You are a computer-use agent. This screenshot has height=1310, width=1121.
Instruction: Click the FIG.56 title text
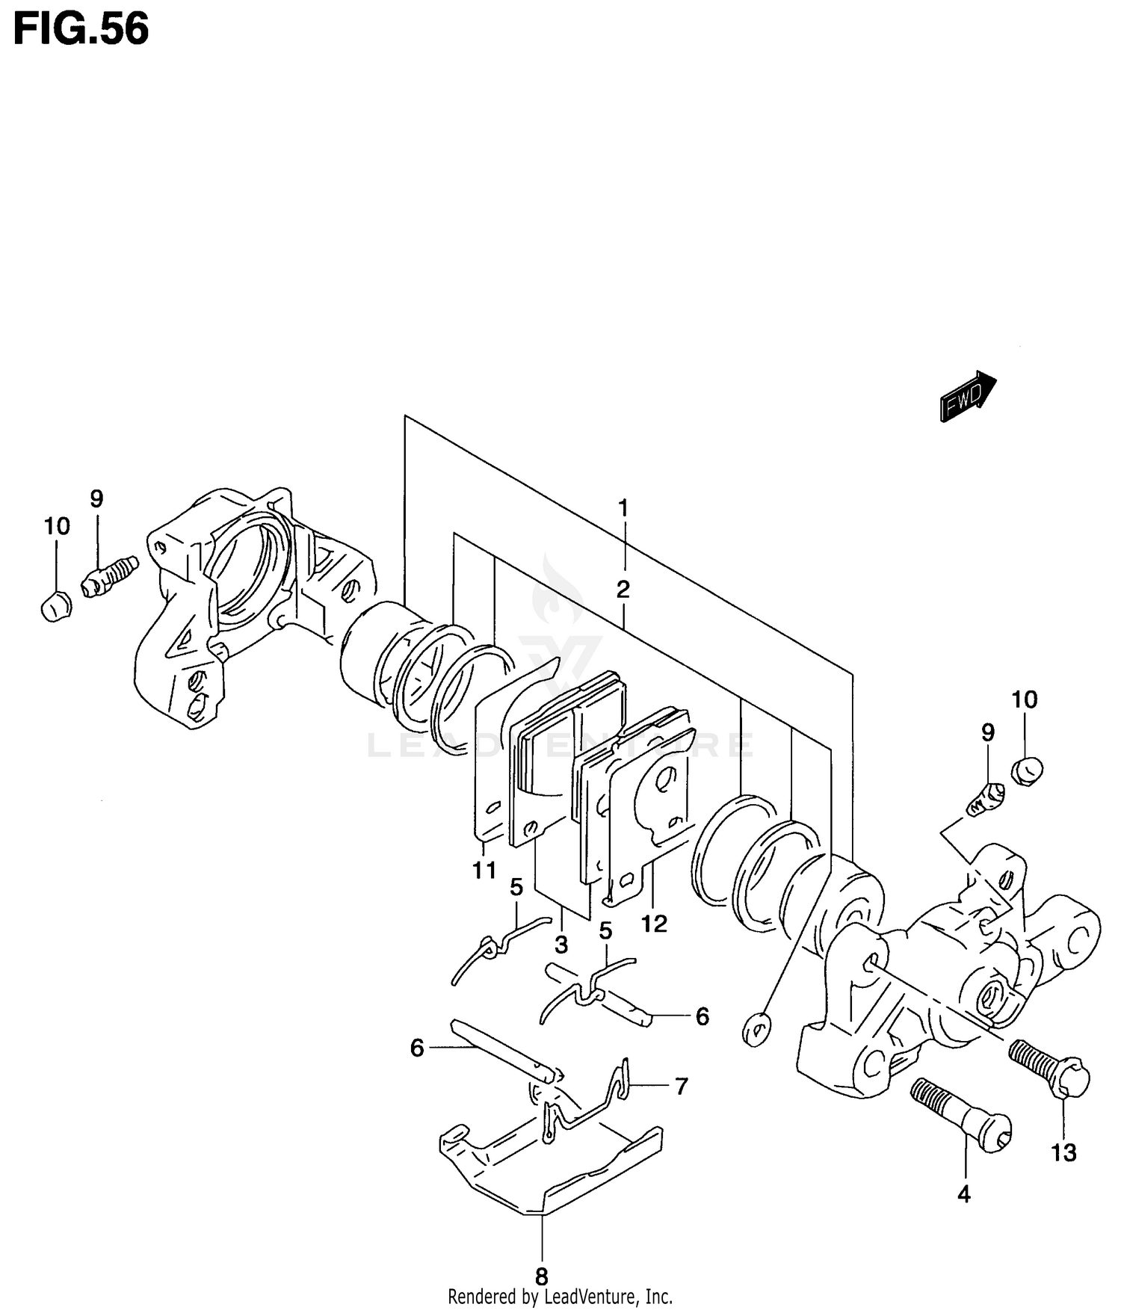pos(81,30)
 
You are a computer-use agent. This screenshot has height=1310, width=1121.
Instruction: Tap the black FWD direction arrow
pos(967,397)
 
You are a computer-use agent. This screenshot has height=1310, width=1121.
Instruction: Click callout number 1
pos(623,508)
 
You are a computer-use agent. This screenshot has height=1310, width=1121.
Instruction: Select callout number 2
pos(623,590)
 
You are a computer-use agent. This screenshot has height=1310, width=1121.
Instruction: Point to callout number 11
pos(484,870)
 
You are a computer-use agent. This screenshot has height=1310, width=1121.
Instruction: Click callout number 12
pos(654,924)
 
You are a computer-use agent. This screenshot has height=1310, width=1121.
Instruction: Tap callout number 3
pos(561,945)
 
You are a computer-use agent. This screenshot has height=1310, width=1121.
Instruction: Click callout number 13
pos(1063,1152)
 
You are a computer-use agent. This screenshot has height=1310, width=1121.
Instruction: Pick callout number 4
pos(964,1194)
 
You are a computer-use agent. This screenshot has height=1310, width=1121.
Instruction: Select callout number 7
pos(681,1086)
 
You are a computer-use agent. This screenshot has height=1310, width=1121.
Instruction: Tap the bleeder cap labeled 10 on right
pos(1028,769)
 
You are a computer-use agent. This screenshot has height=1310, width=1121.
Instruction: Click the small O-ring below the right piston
pos(756,1030)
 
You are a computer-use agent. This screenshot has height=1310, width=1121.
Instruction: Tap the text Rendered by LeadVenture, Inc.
pos(560,1296)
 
